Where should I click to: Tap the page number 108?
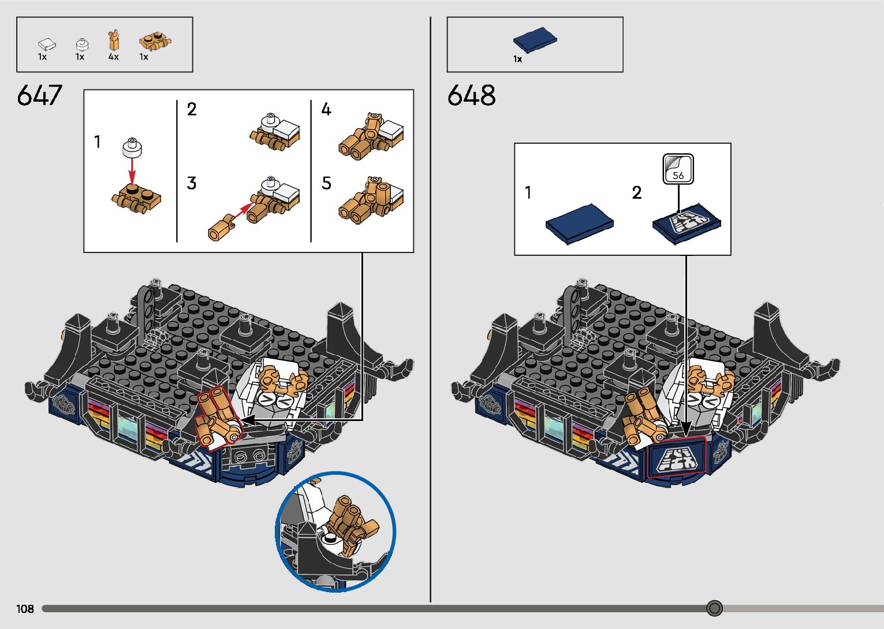click(25, 609)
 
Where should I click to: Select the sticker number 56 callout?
click(678, 169)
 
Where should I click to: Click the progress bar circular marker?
click(714, 608)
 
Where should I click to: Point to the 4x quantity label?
click(113, 57)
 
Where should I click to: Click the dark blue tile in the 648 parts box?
click(535, 39)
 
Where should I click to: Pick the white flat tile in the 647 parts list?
click(47, 43)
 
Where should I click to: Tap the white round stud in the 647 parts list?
click(83, 43)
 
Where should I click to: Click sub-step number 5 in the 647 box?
click(327, 184)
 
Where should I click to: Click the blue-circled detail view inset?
click(335, 532)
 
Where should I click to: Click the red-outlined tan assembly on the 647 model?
click(216, 419)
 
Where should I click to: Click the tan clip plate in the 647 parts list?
click(155, 42)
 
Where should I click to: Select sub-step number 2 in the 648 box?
click(637, 192)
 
